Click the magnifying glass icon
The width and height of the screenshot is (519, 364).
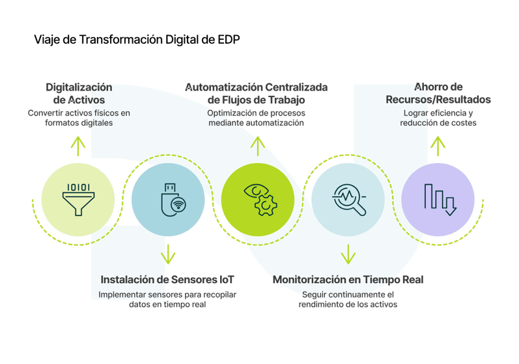pyautogui.click(x=348, y=196)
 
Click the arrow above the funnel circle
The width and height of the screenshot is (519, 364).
pyautogui.click(x=78, y=147)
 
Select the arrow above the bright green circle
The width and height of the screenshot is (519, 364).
pyautogui.click(x=258, y=146)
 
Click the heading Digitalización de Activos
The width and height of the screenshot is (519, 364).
pyautogui.click(x=79, y=94)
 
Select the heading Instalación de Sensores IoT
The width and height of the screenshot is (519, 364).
pyautogui.click(x=167, y=279)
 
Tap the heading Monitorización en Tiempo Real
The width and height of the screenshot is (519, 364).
pyautogui.click(x=348, y=279)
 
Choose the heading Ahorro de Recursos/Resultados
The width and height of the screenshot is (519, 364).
pyautogui.click(x=438, y=94)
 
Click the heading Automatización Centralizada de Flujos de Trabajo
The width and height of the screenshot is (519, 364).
pyautogui.click(x=257, y=94)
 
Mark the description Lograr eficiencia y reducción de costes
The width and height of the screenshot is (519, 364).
pyautogui.click(x=438, y=118)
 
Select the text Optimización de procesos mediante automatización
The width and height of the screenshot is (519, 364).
pyautogui.click(x=257, y=118)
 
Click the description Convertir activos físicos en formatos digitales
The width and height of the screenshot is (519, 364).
pyautogui.click(x=79, y=118)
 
